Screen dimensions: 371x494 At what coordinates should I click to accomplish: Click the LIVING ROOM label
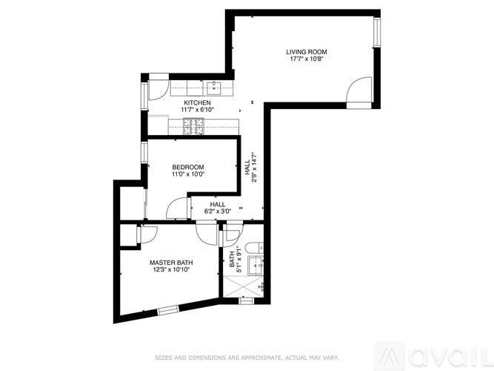307,52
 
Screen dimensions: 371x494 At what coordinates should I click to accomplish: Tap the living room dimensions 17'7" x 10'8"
307,59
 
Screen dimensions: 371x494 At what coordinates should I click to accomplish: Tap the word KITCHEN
198,102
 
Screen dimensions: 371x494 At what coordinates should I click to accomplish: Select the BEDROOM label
188,168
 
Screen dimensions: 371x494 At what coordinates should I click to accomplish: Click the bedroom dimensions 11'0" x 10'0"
188,175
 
